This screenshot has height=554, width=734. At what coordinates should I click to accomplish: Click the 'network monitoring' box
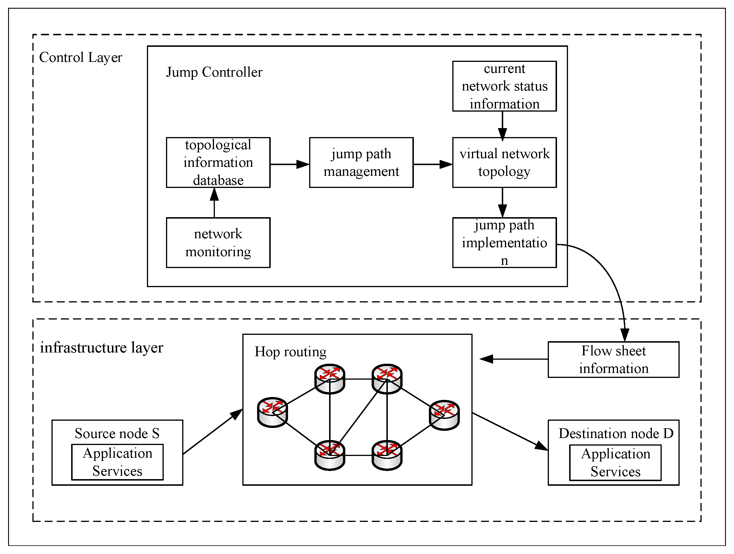pos(218,243)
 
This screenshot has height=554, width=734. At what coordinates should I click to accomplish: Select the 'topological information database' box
pos(218,162)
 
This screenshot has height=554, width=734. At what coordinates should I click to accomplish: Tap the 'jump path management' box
pos(361,162)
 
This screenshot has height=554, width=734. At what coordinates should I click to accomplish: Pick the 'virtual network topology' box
pos(504,162)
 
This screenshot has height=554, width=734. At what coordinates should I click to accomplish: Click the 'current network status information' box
pos(504,86)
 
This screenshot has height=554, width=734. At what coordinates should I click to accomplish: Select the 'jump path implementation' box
pos(504,243)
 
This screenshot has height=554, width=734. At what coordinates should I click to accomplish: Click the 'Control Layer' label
pos(81,57)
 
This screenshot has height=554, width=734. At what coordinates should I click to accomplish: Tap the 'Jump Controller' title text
pos(214,72)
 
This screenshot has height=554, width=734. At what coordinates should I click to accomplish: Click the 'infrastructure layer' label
pos(102,348)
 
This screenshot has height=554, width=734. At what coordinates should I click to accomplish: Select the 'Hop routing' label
pos(290,352)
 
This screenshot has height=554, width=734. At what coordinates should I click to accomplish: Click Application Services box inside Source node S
pos(117,462)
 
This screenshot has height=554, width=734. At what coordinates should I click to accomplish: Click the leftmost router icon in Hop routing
pos(272,412)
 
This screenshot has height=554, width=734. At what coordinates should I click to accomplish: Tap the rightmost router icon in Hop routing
pos(444,415)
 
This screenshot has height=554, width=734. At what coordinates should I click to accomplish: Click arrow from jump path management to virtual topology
pos(433,164)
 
